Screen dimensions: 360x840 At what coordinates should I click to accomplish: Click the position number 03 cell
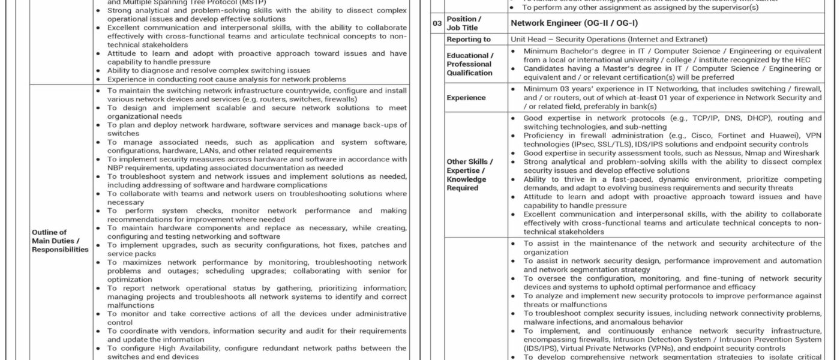pos(437,23)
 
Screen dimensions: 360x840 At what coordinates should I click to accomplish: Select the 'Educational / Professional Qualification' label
pos(470,64)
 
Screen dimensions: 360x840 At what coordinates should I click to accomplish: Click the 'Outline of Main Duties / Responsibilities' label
pos(60,241)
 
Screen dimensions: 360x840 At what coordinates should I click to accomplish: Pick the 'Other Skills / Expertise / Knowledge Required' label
pos(470,175)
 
